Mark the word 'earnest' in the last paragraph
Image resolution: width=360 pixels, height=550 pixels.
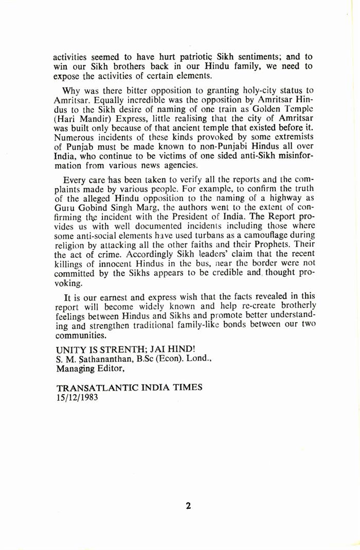click(x=116, y=297)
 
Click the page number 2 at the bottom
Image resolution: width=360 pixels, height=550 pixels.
click(x=188, y=491)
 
